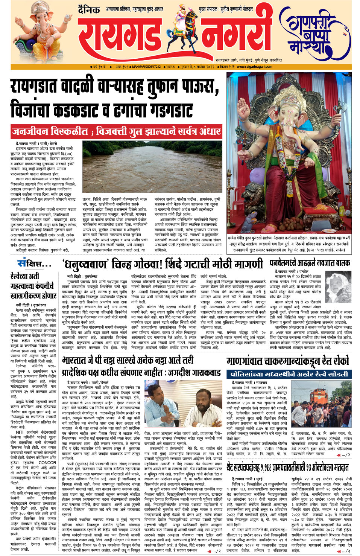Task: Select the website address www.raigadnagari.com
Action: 254,67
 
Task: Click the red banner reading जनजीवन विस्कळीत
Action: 116,131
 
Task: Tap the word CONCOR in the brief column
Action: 47,463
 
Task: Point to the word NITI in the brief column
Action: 20,433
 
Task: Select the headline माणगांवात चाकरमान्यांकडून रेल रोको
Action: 287,362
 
